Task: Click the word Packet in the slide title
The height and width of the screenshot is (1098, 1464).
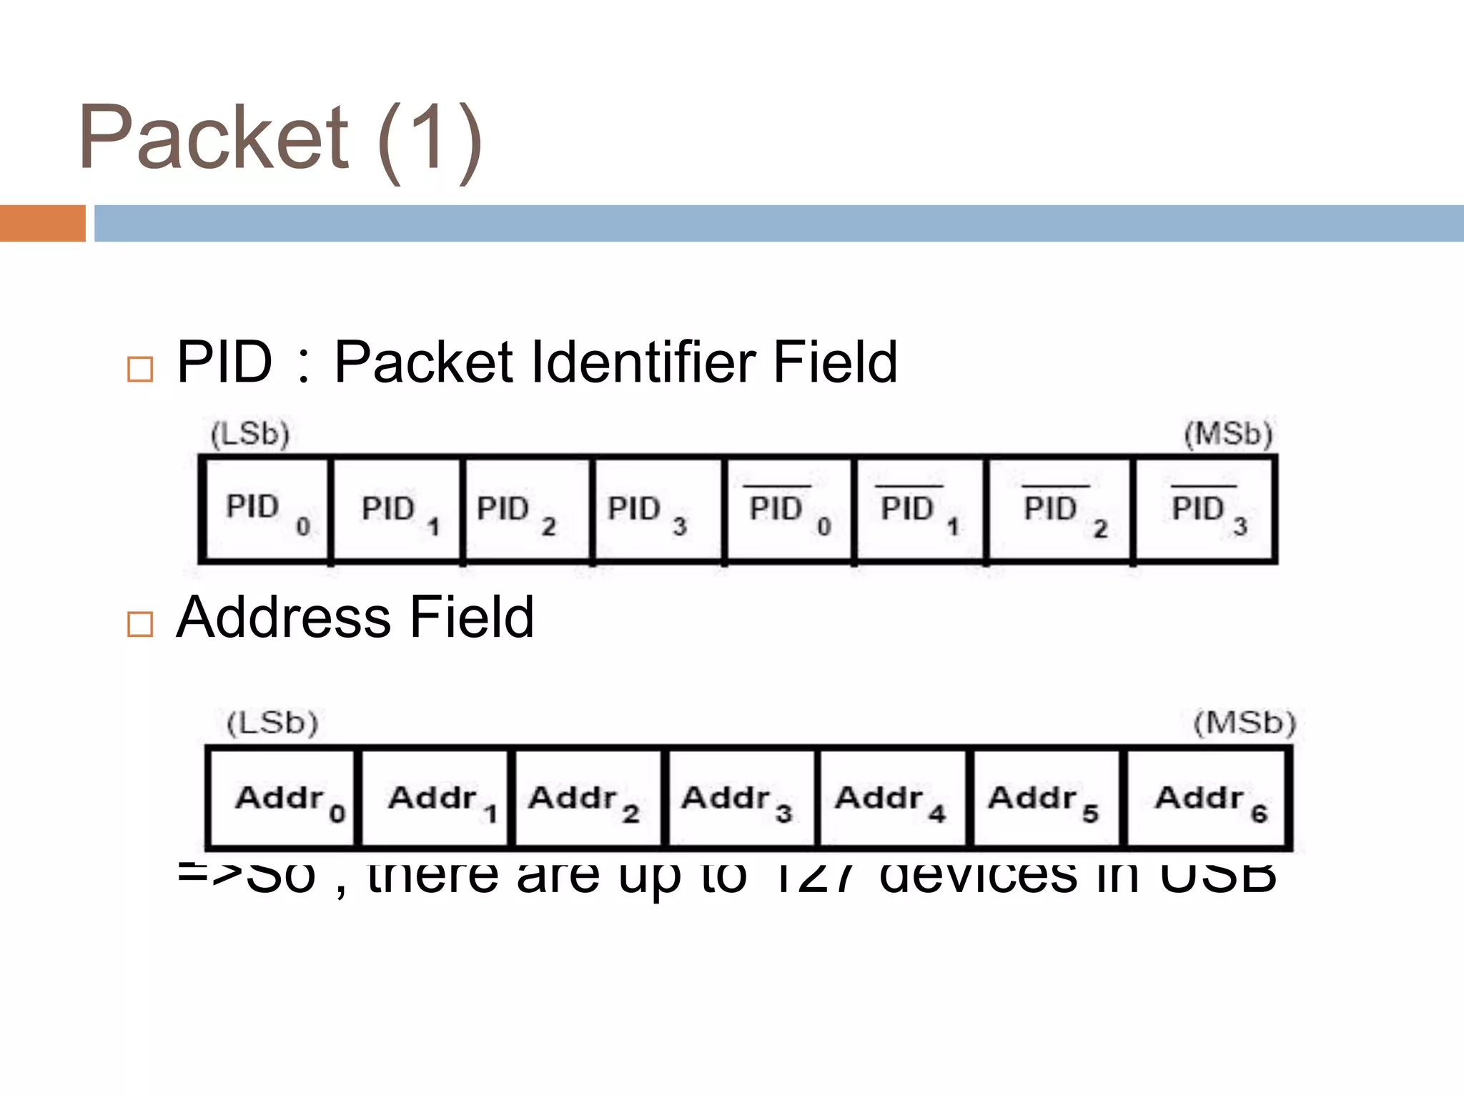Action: (213, 137)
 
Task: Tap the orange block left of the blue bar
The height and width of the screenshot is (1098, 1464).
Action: (42, 223)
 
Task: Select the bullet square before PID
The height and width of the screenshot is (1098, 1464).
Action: (139, 369)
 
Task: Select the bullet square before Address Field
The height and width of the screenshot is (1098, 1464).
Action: (139, 623)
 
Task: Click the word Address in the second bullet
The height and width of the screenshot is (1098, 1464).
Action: (283, 617)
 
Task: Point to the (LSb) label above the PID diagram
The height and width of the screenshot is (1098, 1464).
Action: (249, 434)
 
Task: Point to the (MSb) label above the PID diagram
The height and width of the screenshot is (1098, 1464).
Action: (1228, 434)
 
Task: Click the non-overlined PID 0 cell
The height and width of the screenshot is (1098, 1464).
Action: (267, 510)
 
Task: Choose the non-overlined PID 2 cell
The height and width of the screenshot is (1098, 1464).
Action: (528, 510)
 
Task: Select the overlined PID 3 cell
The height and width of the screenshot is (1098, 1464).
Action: (1205, 510)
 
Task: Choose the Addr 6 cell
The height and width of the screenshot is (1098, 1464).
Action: (1208, 798)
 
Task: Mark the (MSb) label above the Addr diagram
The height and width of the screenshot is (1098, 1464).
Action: (1245, 723)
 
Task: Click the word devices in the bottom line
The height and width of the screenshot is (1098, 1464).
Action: (978, 878)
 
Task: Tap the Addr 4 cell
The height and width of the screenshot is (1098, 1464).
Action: (891, 798)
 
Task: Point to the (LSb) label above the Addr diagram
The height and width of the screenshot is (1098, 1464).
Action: (272, 723)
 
